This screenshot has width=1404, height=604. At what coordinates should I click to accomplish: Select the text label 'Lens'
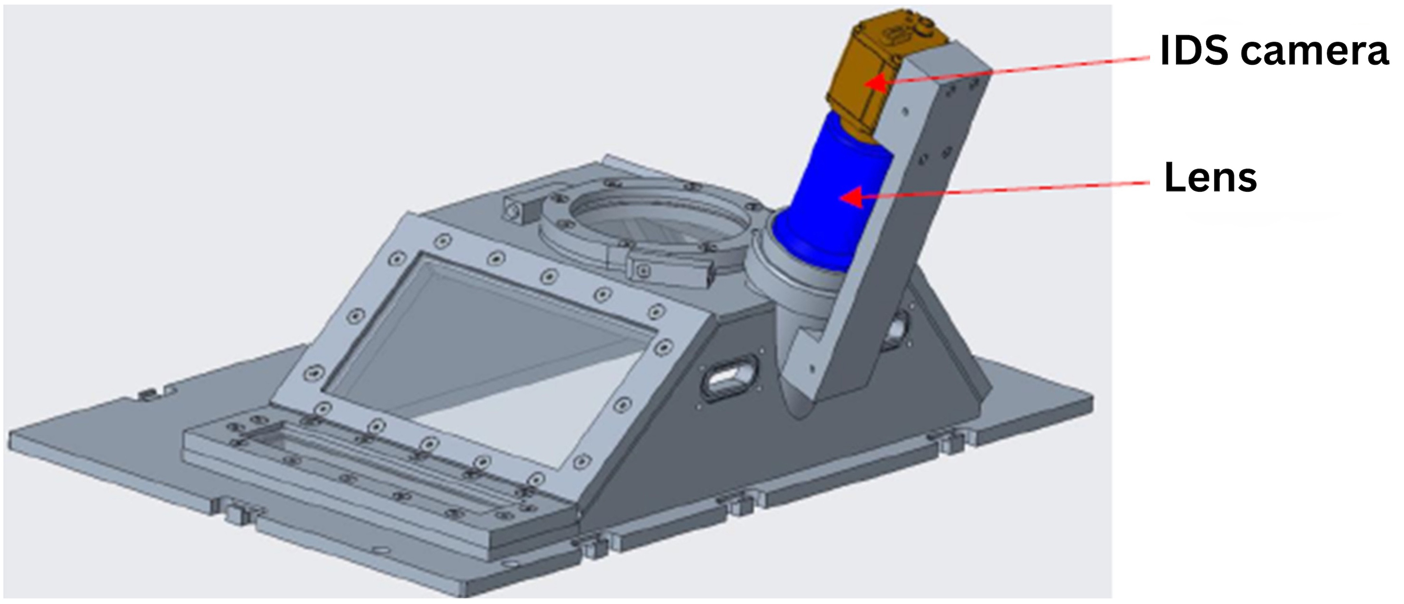click(x=1210, y=178)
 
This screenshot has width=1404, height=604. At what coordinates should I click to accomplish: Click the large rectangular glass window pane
click(x=491, y=360)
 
